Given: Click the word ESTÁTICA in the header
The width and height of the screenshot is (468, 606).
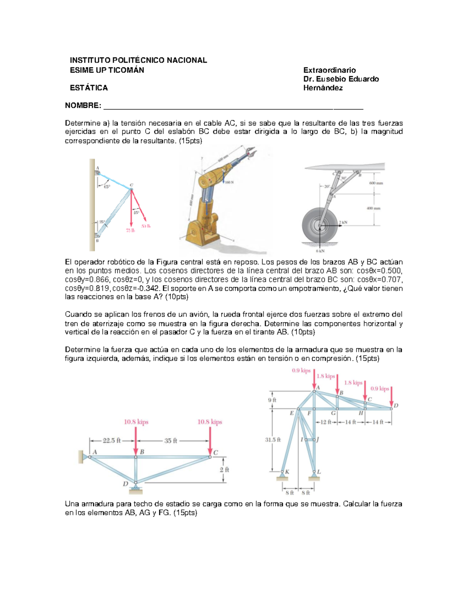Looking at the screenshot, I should click(89, 88).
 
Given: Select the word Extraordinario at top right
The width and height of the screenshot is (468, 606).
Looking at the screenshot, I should click(330, 70).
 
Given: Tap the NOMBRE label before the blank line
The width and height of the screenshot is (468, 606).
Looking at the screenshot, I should click(83, 106).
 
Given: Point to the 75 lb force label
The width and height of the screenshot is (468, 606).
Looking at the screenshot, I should click(130, 230).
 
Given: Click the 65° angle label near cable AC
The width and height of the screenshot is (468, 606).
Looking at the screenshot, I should click(106, 187).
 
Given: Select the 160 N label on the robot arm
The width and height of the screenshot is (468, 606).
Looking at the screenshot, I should click(229, 182).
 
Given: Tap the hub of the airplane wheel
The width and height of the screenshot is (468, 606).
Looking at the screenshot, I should click(320, 226).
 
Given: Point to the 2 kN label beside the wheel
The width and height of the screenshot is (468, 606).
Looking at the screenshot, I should click(343, 222).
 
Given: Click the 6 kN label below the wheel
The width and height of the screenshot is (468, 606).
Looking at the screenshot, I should click(320, 251).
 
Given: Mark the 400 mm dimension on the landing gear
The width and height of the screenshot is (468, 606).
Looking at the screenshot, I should click(373, 208).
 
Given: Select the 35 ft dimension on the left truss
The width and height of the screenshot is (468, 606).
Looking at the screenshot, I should click(170, 441).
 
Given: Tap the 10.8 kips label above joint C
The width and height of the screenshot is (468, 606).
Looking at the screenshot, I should click(209, 422).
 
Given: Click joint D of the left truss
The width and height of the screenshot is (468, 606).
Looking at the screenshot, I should click(136, 483).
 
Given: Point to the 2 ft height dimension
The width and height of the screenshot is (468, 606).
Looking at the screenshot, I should click(224, 469).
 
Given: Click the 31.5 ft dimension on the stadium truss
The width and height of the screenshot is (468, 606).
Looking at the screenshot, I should click(273, 440).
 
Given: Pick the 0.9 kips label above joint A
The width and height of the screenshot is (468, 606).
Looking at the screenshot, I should click(301, 370).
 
